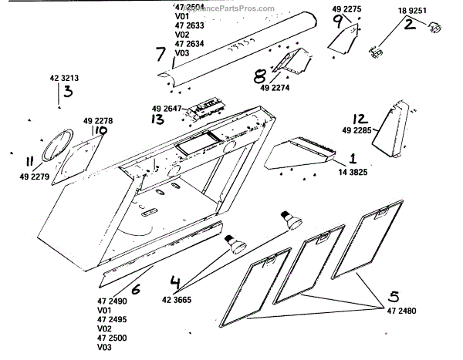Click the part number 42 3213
(64, 79)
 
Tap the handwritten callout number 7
(160, 53)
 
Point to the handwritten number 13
(157, 120)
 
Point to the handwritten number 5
(394, 295)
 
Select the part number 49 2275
(346, 9)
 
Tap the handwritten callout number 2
(410, 24)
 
